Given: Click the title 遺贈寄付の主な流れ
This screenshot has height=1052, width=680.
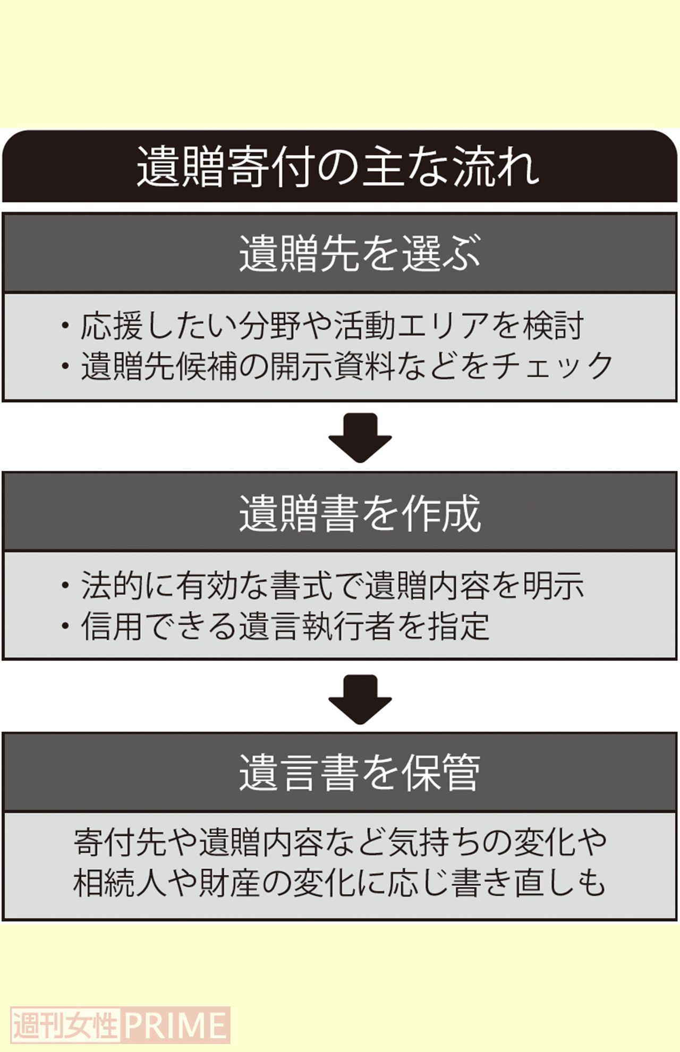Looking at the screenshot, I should (x=339, y=167).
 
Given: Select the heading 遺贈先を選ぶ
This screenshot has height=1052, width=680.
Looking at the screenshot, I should (x=360, y=253).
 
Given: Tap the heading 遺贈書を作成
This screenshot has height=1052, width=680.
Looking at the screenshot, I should (x=360, y=513).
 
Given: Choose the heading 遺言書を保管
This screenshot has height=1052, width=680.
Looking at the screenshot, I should (x=360, y=773).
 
